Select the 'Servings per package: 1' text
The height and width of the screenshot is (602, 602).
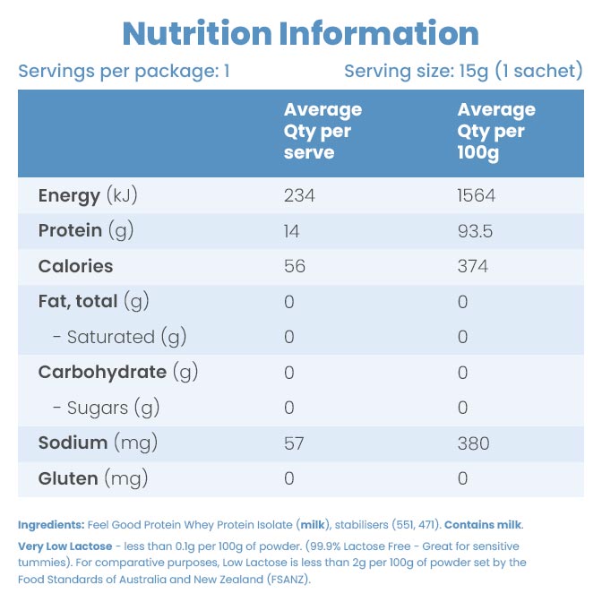pos(125,71)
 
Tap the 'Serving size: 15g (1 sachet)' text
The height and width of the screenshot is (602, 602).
pos(463,71)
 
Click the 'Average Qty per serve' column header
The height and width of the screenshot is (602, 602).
pos(322,131)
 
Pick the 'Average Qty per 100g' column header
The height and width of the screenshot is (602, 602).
pos(496,131)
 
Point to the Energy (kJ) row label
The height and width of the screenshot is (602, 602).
pos(88,195)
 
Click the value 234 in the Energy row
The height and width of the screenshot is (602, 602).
pos(299,195)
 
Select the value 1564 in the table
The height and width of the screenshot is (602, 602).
pos(477,195)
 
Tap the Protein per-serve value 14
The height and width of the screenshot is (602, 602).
pos(292,231)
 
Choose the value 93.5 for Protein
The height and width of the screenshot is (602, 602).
pos(475,231)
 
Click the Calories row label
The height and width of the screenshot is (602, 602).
pos(75,266)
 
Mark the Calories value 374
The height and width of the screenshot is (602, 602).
pos(472,266)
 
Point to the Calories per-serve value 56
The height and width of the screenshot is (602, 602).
pos(295,266)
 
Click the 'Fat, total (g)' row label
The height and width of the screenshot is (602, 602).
pos(93,302)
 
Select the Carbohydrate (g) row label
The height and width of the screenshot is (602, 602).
pos(117,373)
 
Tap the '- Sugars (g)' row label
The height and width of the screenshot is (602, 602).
pos(106,408)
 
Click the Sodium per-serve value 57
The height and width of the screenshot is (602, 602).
pos(294,443)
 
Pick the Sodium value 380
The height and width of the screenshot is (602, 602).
pos(473,443)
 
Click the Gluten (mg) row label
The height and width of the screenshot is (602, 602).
pos(92,479)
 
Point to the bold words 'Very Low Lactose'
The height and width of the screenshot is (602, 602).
pos(64,546)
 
